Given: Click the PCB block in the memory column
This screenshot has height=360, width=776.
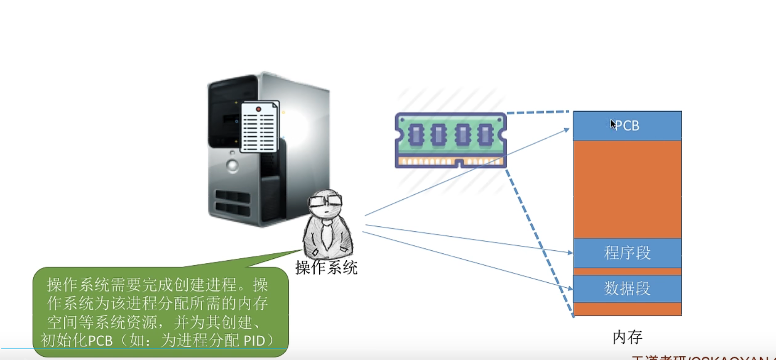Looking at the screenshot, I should (627, 126).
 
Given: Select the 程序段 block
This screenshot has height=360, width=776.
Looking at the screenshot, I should (627, 253).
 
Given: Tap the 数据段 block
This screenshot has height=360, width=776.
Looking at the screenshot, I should (627, 288).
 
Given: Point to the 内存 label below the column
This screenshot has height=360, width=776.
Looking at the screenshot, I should (627, 337).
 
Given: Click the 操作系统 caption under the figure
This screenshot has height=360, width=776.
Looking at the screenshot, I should (326, 268).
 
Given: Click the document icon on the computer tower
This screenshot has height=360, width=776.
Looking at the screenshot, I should (260, 127).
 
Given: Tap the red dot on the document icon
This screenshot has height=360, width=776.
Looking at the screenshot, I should (258, 109).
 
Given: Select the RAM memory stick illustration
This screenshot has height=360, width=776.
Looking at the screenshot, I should (451, 140).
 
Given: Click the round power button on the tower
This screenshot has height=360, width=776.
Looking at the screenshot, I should (232, 166).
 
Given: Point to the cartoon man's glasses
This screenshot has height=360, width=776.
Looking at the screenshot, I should (326, 201).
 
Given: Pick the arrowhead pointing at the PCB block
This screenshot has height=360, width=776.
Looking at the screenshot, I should (567, 130).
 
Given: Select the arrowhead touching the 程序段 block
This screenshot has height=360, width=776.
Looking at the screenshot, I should (570, 252).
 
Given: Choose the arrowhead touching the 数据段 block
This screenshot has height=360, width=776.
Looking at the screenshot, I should (570, 288).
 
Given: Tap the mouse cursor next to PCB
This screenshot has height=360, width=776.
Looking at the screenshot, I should (613, 124).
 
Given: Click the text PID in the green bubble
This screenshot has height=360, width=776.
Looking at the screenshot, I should (254, 341).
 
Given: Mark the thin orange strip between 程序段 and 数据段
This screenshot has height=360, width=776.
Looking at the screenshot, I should (627, 271).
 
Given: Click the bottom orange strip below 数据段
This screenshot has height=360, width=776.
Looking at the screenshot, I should (627, 309).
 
